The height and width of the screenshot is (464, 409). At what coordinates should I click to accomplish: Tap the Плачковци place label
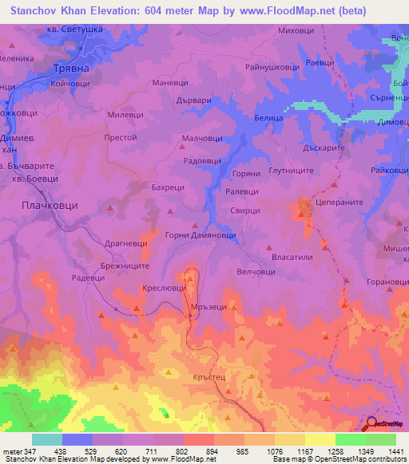(49, 205)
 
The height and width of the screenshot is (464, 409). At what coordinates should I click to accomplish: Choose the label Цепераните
(339, 203)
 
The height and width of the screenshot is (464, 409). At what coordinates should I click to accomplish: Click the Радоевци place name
(203, 160)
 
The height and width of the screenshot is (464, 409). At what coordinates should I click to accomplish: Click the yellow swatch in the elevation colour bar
(320, 439)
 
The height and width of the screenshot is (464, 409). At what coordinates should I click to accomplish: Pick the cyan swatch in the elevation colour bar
(47, 439)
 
